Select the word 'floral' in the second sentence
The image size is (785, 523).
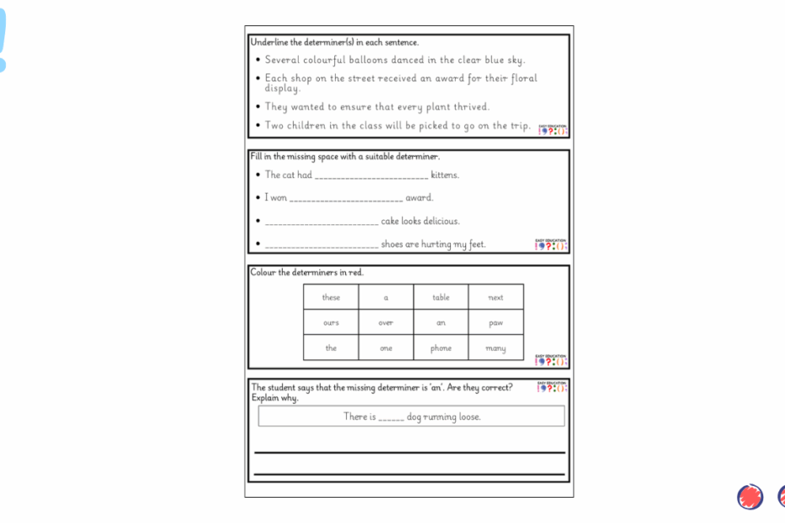522,78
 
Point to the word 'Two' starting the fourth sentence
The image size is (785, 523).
273,126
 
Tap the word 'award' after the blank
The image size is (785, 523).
419,198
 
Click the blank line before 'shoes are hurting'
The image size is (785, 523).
321,245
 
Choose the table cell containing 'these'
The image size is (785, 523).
331,297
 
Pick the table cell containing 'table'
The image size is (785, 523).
441,297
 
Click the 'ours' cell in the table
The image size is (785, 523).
331,322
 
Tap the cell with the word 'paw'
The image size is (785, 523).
495,322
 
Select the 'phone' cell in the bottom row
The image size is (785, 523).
441,348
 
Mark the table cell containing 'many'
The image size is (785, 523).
495,348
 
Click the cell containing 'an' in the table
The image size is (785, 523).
441,322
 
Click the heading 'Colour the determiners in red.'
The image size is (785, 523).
307,272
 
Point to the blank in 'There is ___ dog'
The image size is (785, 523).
391,418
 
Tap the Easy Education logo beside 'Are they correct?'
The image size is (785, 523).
551,387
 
